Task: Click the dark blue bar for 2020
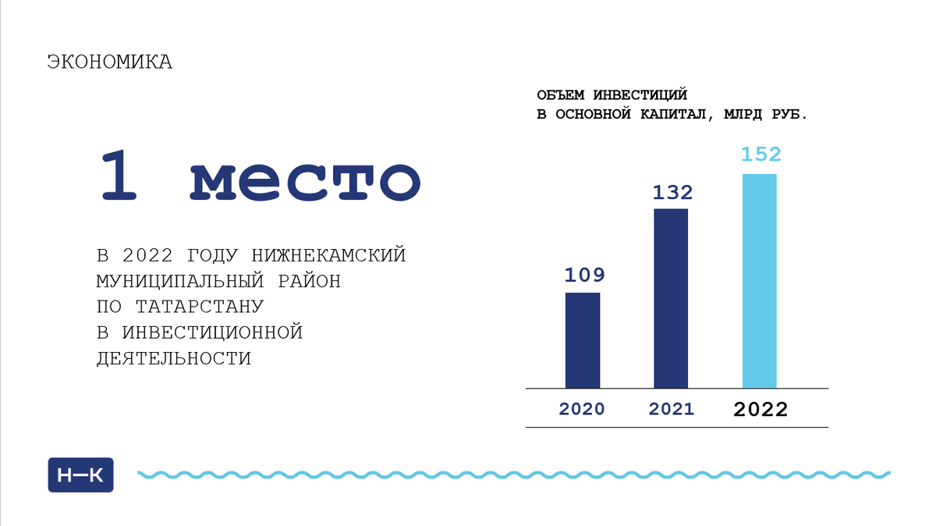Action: click(583, 340)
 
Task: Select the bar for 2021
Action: click(671, 298)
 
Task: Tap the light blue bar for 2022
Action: click(759, 280)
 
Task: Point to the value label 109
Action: click(583, 275)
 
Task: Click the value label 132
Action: click(672, 192)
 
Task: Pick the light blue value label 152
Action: click(760, 155)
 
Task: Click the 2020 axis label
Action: click(581, 409)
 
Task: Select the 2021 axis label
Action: click(671, 409)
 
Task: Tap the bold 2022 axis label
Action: click(760, 409)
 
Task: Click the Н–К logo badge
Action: click(81, 474)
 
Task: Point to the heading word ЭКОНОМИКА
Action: click(110, 62)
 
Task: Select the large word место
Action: click(305, 179)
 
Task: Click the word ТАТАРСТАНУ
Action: click(200, 307)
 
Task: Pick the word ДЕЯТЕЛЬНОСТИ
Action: click(173, 359)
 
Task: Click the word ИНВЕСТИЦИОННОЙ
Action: click(211, 333)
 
